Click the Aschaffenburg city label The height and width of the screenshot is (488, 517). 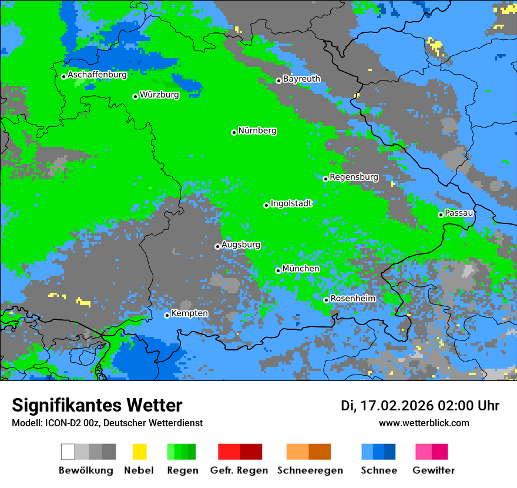click(x=97, y=75)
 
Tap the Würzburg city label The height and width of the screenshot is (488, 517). click(x=159, y=95)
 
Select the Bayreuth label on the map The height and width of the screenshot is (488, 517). click(x=301, y=79)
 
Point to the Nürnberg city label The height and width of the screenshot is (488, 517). click(x=257, y=131)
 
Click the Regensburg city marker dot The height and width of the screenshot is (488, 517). click(x=325, y=179)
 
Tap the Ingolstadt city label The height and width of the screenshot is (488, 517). click(x=291, y=203)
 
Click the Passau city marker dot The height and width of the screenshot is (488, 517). click(x=441, y=215)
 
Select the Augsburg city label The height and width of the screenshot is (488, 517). click(x=241, y=245)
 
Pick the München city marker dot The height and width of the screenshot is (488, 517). click(x=278, y=270)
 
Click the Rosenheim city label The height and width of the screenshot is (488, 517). click(x=353, y=299)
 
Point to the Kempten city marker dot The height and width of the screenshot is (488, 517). click(x=167, y=315)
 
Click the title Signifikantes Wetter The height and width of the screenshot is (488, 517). click(x=97, y=405)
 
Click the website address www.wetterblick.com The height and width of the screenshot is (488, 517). click(x=424, y=423)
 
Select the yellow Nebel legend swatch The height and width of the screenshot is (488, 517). click(x=139, y=452)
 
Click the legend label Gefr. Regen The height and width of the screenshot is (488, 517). click(x=239, y=470)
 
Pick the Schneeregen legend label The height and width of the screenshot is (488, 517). click(x=310, y=470)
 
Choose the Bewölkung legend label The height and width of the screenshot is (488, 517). click(x=86, y=470)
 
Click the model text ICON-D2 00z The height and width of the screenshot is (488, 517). click(x=70, y=423)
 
